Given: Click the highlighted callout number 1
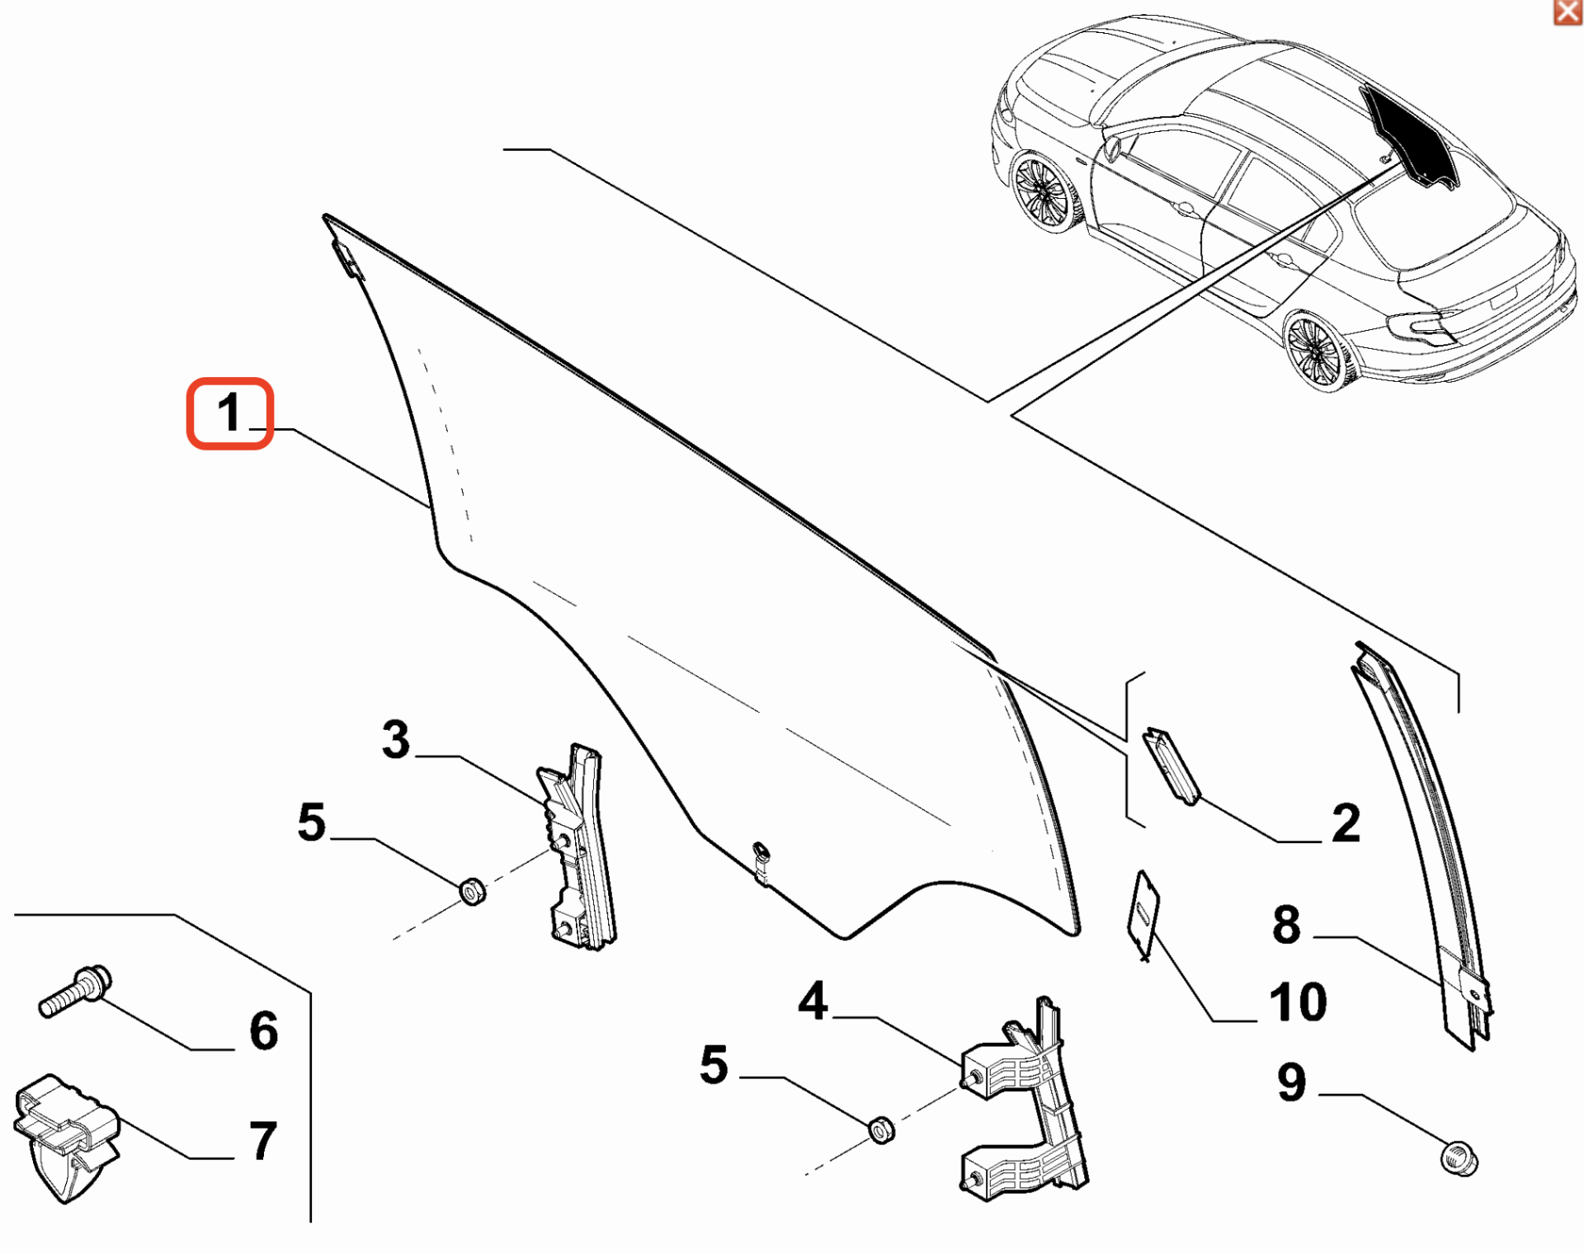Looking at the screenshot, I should pyautogui.click(x=229, y=413).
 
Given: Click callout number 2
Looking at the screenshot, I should pyautogui.click(x=1346, y=823).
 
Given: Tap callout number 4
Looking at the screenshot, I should pyautogui.click(x=813, y=1002).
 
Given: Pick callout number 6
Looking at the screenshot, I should pyautogui.click(x=264, y=1031).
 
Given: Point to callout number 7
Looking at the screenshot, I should pyautogui.click(x=263, y=1141).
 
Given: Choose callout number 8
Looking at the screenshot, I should pyautogui.click(x=1286, y=924).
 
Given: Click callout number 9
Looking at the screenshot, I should pyautogui.click(x=1292, y=1082).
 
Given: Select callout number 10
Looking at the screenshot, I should pyautogui.click(x=1298, y=1002).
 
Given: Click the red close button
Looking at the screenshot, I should pyautogui.click(x=1567, y=12).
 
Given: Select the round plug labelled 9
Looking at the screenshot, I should pyautogui.click(x=1459, y=1158).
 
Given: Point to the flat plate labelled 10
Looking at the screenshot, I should pyautogui.click(x=1143, y=914).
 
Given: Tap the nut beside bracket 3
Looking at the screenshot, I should pyautogui.click(x=472, y=892).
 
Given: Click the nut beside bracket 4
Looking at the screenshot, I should pyautogui.click(x=882, y=1129).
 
